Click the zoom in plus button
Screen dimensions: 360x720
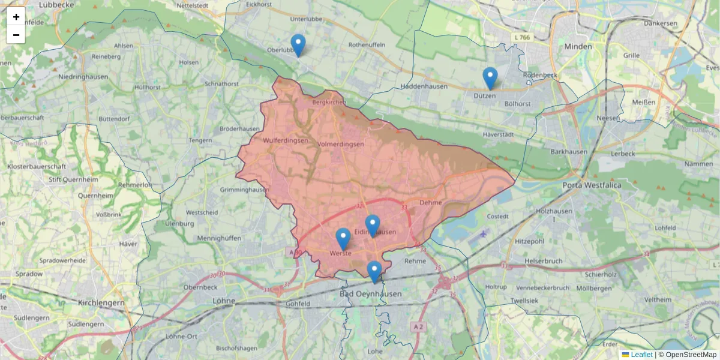click(16, 17)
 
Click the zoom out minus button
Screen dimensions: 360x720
click(16, 35)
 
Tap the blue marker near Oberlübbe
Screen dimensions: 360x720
click(298, 45)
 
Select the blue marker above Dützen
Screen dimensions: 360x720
click(490, 78)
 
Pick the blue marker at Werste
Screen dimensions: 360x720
click(343, 239)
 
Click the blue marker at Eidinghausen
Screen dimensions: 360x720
click(373, 226)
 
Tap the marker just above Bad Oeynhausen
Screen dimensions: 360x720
click(374, 272)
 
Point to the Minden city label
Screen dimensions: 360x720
click(578, 46)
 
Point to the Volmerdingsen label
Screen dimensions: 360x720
click(341, 144)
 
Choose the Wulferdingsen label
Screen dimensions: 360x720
click(286, 140)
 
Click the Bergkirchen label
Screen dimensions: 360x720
click(329, 103)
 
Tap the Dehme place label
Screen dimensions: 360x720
click(431, 203)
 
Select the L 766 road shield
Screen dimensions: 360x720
click(522, 37)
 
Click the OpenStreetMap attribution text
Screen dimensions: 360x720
click(691, 355)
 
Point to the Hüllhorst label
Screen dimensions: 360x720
click(148, 87)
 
